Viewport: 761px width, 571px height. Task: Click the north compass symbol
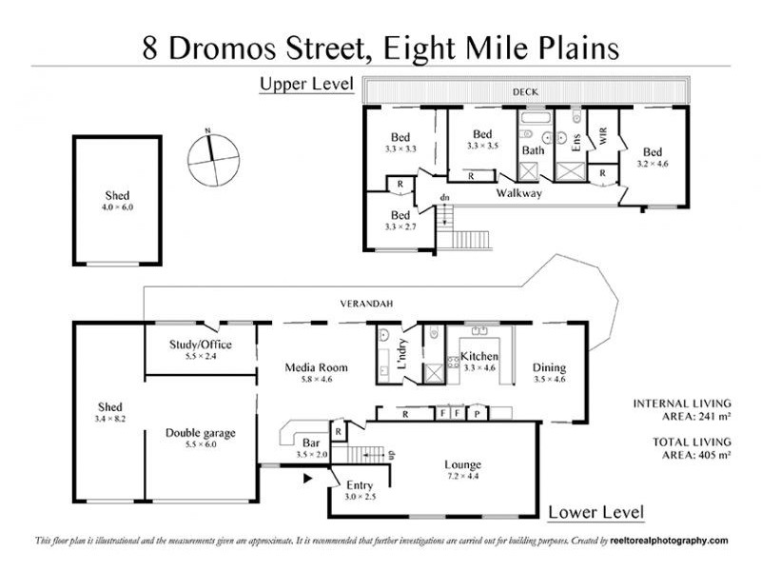click(x=210, y=159)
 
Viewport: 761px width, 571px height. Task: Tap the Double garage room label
click(x=200, y=433)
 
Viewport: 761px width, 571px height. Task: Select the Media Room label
click(x=317, y=367)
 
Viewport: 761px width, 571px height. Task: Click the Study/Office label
click(x=200, y=345)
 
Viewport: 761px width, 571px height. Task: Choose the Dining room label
click(x=550, y=367)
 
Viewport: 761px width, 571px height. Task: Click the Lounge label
click(x=463, y=464)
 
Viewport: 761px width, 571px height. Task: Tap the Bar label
click(x=311, y=443)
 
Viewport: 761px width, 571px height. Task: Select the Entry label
click(x=360, y=484)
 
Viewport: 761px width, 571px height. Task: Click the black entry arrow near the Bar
click(x=306, y=480)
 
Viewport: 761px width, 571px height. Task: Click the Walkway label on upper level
click(x=518, y=193)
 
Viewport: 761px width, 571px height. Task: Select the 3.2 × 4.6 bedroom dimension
click(x=652, y=164)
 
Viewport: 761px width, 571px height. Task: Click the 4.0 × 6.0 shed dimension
click(x=117, y=207)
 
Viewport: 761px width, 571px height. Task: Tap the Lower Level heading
click(x=595, y=513)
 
